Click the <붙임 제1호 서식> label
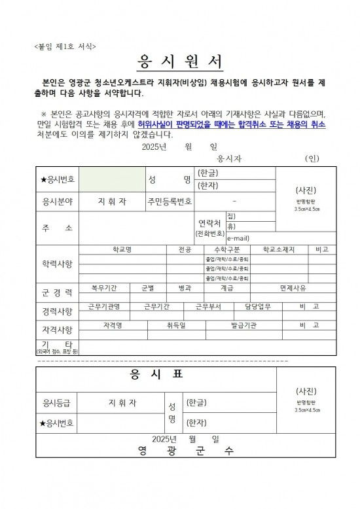coord(64,46)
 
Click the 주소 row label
coord(56,227)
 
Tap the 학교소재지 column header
coord(279,249)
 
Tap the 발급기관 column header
coord(243,325)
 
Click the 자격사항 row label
coord(56,329)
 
